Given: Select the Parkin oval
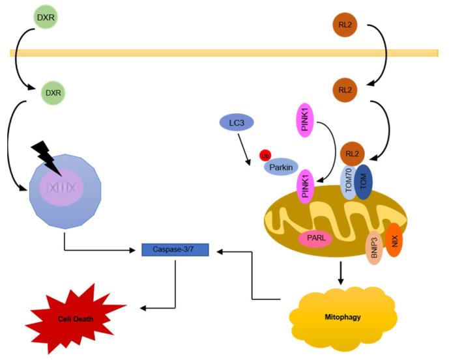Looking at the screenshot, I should click(281, 167).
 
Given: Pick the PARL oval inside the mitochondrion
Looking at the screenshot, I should click(316, 239).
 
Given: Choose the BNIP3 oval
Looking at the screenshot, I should click(377, 248).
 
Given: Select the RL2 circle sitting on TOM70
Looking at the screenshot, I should click(353, 154).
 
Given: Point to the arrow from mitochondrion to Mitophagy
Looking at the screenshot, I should click(341, 272).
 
